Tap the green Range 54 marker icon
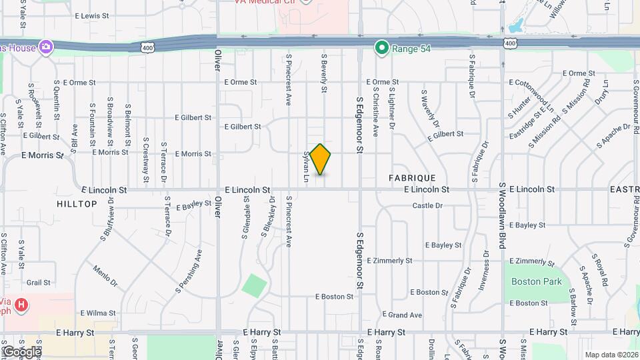click(381, 47)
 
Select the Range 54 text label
click(409, 48)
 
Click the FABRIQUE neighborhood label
click(412, 178)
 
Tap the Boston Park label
click(536, 282)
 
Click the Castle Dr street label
click(427, 206)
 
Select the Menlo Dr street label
click(105, 276)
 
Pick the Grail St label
click(39, 283)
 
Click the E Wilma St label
click(98, 313)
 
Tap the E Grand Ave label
click(402, 315)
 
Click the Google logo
click(21, 351)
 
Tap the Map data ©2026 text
click(611, 355)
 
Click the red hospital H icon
click(22, 305)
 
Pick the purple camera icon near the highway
click(45, 46)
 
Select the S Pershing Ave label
click(189, 271)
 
